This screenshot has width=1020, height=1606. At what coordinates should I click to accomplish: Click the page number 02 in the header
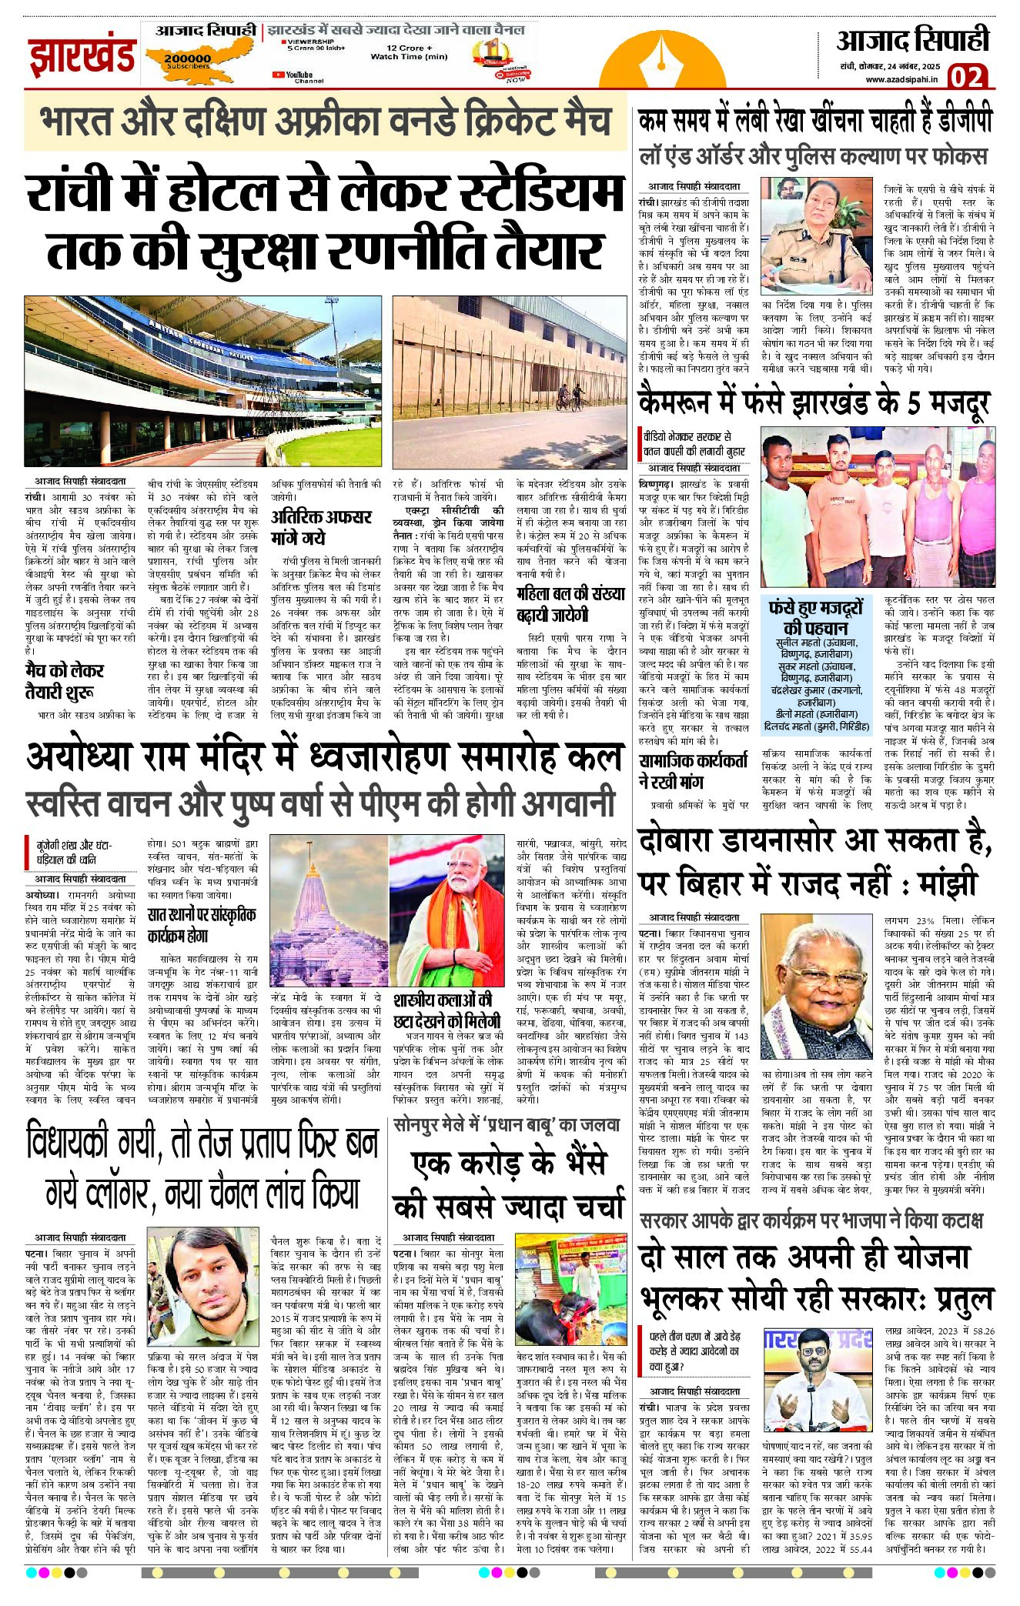966,76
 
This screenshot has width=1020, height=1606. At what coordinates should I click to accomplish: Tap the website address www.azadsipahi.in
901,78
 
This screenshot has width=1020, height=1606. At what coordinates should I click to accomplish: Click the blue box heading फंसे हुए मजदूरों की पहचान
815,616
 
